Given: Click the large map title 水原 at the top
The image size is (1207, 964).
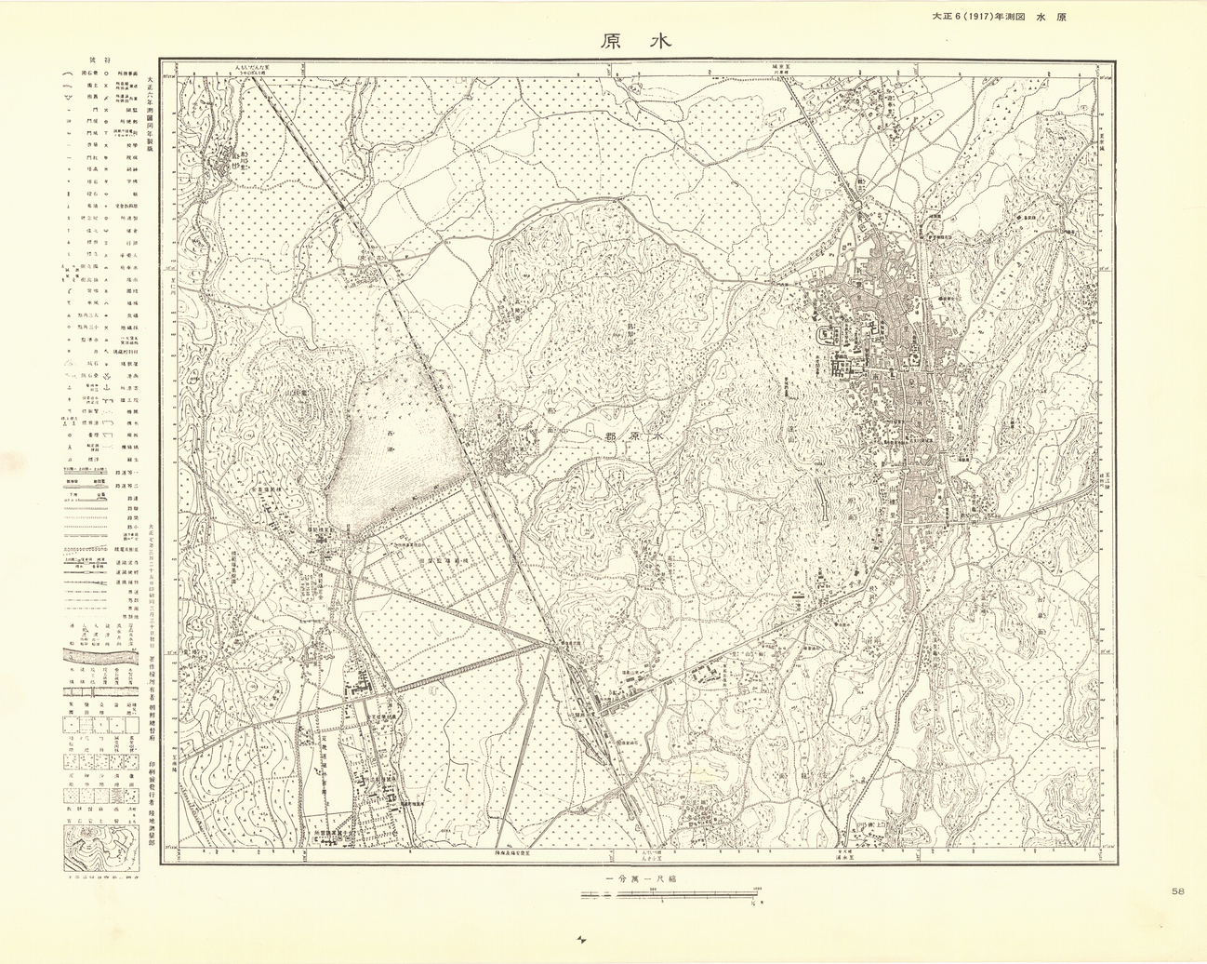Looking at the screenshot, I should coord(635,42).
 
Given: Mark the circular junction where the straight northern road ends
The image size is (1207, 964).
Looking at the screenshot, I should coord(857,208).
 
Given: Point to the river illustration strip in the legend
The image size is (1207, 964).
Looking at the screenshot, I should coord(99,657).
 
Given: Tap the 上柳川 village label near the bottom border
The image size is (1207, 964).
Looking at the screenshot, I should coord(870,824).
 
